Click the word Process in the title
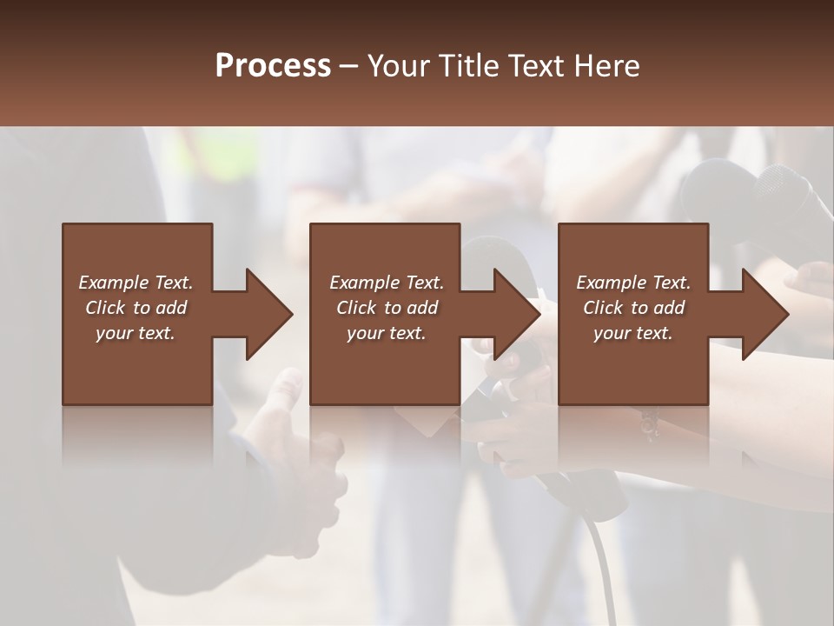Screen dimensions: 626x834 click(273, 66)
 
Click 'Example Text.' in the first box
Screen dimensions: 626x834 click(136, 283)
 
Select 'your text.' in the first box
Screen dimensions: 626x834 click(136, 333)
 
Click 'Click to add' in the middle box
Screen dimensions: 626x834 click(387, 308)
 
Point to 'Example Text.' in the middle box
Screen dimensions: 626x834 click(387, 283)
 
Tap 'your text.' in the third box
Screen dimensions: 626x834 click(633, 333)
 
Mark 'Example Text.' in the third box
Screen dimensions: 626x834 click(633, 283)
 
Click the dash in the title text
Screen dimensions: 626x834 click(349, 66)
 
